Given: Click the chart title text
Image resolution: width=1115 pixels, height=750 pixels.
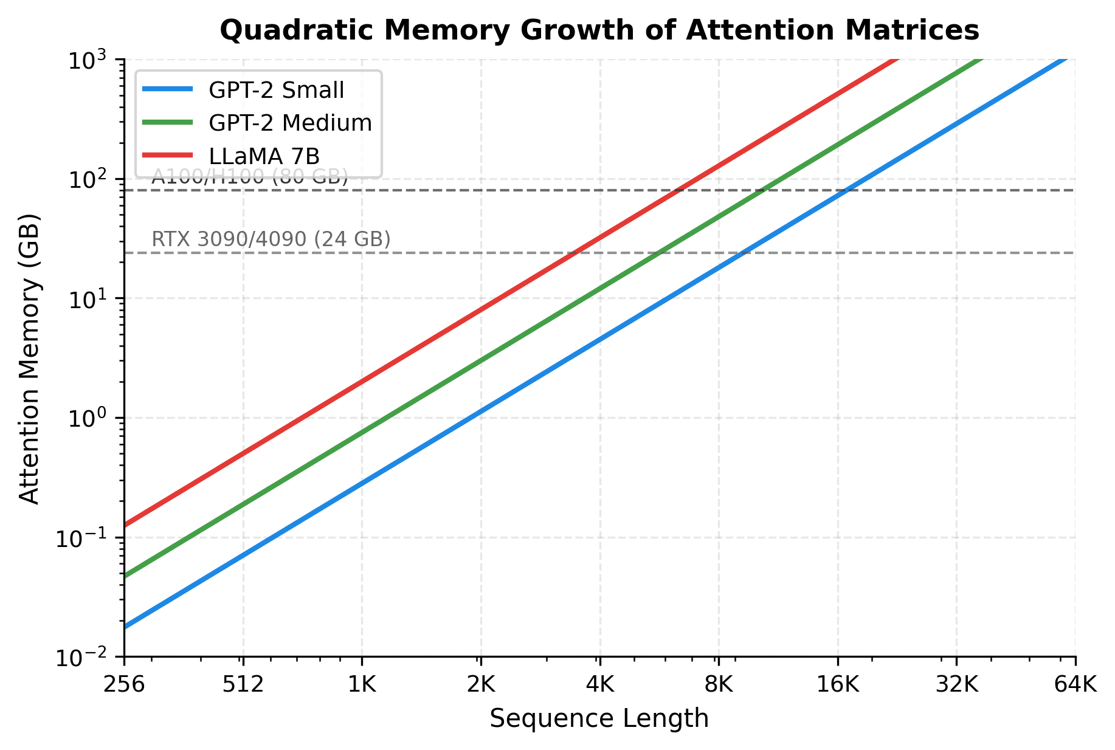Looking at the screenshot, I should point(599,30).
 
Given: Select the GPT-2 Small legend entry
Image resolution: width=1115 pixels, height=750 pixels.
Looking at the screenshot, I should point(276,90).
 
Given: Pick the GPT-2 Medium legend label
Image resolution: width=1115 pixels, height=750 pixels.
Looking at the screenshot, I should point(289,123).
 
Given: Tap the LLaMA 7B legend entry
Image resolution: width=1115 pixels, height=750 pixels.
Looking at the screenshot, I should point(264,156).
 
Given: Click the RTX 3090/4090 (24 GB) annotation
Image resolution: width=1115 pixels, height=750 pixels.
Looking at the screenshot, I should point(271,239).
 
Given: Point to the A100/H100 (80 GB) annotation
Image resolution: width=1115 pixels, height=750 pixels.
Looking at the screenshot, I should point(250,177).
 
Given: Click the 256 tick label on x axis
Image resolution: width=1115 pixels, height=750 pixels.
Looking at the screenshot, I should point(124,685).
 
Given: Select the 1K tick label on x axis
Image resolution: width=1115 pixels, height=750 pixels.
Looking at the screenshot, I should point(362,685).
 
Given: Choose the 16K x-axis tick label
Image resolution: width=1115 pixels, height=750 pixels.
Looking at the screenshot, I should point(838,685).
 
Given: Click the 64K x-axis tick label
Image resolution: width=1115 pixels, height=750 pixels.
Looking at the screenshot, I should point(1075,685).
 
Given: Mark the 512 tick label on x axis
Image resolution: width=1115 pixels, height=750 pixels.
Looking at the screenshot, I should point(243,685).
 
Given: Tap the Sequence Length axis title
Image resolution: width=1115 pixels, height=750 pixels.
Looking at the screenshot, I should point(599,718).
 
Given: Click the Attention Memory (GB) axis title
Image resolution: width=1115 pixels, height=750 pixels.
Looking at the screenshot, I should point(29,359).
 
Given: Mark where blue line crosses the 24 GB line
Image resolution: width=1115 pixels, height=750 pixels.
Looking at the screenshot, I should point(743,253).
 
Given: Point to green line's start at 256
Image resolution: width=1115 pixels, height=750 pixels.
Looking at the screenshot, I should point(125,576).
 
